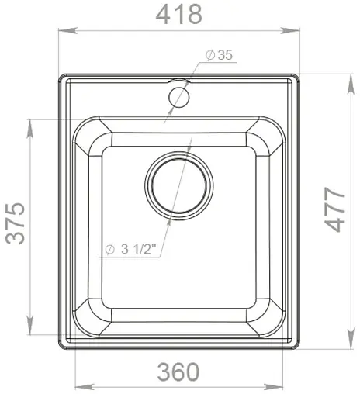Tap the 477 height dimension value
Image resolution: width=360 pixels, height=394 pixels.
pyautogui.click(x=335, y=209)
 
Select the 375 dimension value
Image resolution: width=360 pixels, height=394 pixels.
pyautogui.click(x=16, y=223)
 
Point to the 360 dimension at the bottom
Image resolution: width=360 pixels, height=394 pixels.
pyautogui.click(x=178, y=372)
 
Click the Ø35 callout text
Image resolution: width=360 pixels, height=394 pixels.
pyautogui.click(x=220, y=55)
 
